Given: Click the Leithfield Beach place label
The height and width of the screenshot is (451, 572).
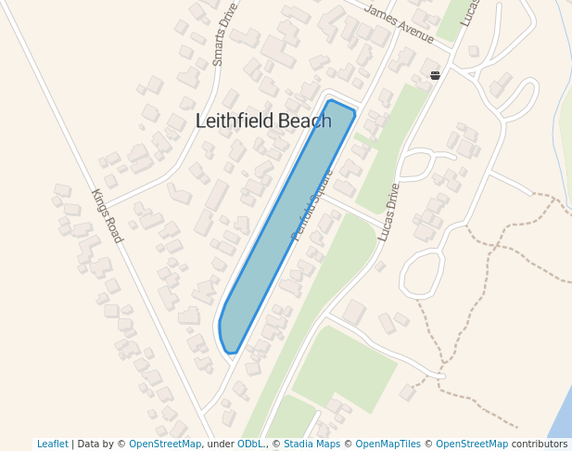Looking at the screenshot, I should pos(263,121).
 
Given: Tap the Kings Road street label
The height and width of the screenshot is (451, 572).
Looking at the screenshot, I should pos(107,215).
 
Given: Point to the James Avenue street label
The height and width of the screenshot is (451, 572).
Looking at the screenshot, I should pos(400,24).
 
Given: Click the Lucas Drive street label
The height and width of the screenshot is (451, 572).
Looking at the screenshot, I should pos(388,212).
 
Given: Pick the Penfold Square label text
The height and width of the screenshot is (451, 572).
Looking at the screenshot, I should pos(311,205).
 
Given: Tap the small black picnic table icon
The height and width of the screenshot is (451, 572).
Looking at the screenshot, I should pos(435,75).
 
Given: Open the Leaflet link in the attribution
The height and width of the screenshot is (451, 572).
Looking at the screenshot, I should pos(52,444).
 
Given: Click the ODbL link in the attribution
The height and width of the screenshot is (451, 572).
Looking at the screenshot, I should pos(249,444).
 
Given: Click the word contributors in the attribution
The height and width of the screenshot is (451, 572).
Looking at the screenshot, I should pos(540,444).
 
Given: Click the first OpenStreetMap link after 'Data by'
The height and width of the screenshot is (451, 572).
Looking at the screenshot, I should pos(165,444).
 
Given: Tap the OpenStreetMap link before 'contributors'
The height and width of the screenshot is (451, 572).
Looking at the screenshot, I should pos(472,444).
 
